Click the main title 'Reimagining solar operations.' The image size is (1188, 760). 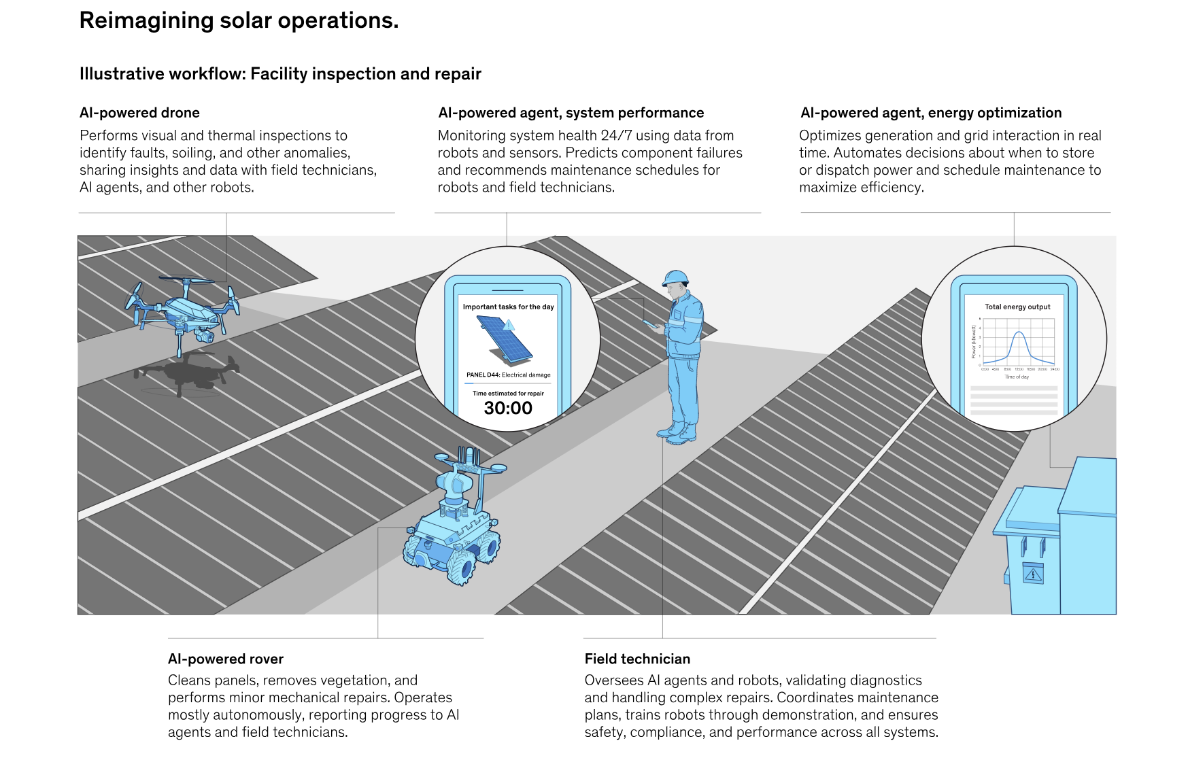[239, 21]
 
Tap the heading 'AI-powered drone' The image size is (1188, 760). [139, 113]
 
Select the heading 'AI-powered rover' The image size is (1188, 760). [225, 659]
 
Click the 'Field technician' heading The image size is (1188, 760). [637, 659]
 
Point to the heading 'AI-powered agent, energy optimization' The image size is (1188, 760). [931, 113]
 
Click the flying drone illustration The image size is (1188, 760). [182, 311]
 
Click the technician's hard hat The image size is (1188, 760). [675, 277]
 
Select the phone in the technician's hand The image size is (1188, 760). [650, 324]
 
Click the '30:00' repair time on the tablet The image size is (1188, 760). [508, 408]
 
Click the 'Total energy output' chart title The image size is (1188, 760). [1017, 307]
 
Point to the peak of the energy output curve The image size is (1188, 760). [1018, 332]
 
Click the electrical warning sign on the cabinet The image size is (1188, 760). [1033, 574]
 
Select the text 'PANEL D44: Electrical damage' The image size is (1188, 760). [508, 375]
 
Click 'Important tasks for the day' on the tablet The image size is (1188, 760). [508, 307]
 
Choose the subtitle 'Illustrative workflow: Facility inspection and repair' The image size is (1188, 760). [280, 73]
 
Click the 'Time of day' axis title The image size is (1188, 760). [1017, 377]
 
